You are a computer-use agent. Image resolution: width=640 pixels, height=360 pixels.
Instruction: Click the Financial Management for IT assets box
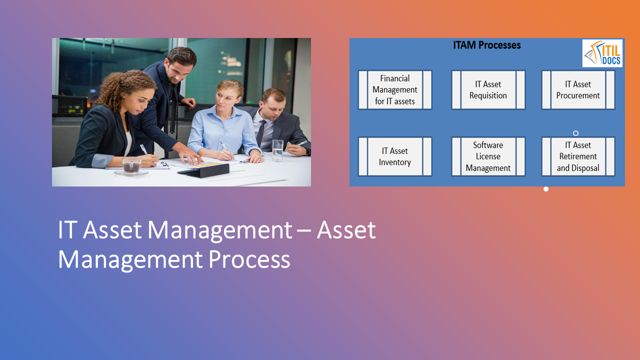(395, 90)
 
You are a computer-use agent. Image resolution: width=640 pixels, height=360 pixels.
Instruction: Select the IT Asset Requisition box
(488, 90)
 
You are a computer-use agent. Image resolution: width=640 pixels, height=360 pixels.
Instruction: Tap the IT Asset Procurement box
(578, 90)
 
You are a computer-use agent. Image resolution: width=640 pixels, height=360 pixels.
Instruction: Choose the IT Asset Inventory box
(395, 156)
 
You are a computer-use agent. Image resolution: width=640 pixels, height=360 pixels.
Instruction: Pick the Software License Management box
(488, 156)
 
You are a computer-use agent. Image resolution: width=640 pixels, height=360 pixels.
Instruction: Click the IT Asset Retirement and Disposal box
(578, 156)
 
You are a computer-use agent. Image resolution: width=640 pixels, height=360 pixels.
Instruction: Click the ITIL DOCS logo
(602, 53)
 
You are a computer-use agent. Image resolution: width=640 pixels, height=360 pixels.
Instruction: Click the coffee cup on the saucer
(131, 165)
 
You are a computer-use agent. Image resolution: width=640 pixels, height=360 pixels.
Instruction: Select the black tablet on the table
(204, 170)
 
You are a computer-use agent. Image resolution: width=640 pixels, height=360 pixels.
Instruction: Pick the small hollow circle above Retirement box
(575, 133)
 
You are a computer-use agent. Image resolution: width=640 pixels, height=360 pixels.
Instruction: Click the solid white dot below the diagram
(546, 189)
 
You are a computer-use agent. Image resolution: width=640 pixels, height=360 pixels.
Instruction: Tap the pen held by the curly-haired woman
(144, 149)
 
